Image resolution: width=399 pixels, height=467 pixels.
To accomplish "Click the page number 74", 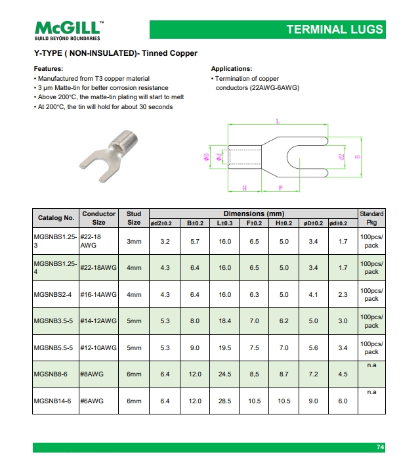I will (x=380, y=447).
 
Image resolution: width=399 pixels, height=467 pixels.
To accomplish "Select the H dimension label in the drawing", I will (x=245, y=188).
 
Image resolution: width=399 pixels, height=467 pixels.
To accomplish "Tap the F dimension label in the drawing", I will (x=281, y=188).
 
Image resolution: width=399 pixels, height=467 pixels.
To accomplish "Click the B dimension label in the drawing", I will (x=358, y=156).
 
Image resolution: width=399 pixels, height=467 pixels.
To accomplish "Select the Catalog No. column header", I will (x=56, y=218).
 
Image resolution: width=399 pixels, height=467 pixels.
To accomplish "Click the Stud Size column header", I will (x=134, y=218).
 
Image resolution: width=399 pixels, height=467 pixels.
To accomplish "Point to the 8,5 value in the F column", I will (x=255, y=374).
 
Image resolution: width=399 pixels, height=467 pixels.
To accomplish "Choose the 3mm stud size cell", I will (x=134, y=242).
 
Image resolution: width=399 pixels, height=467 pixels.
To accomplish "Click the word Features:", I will (x=49, y=69).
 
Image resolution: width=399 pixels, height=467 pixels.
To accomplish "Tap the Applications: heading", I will (x=231, y=69).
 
